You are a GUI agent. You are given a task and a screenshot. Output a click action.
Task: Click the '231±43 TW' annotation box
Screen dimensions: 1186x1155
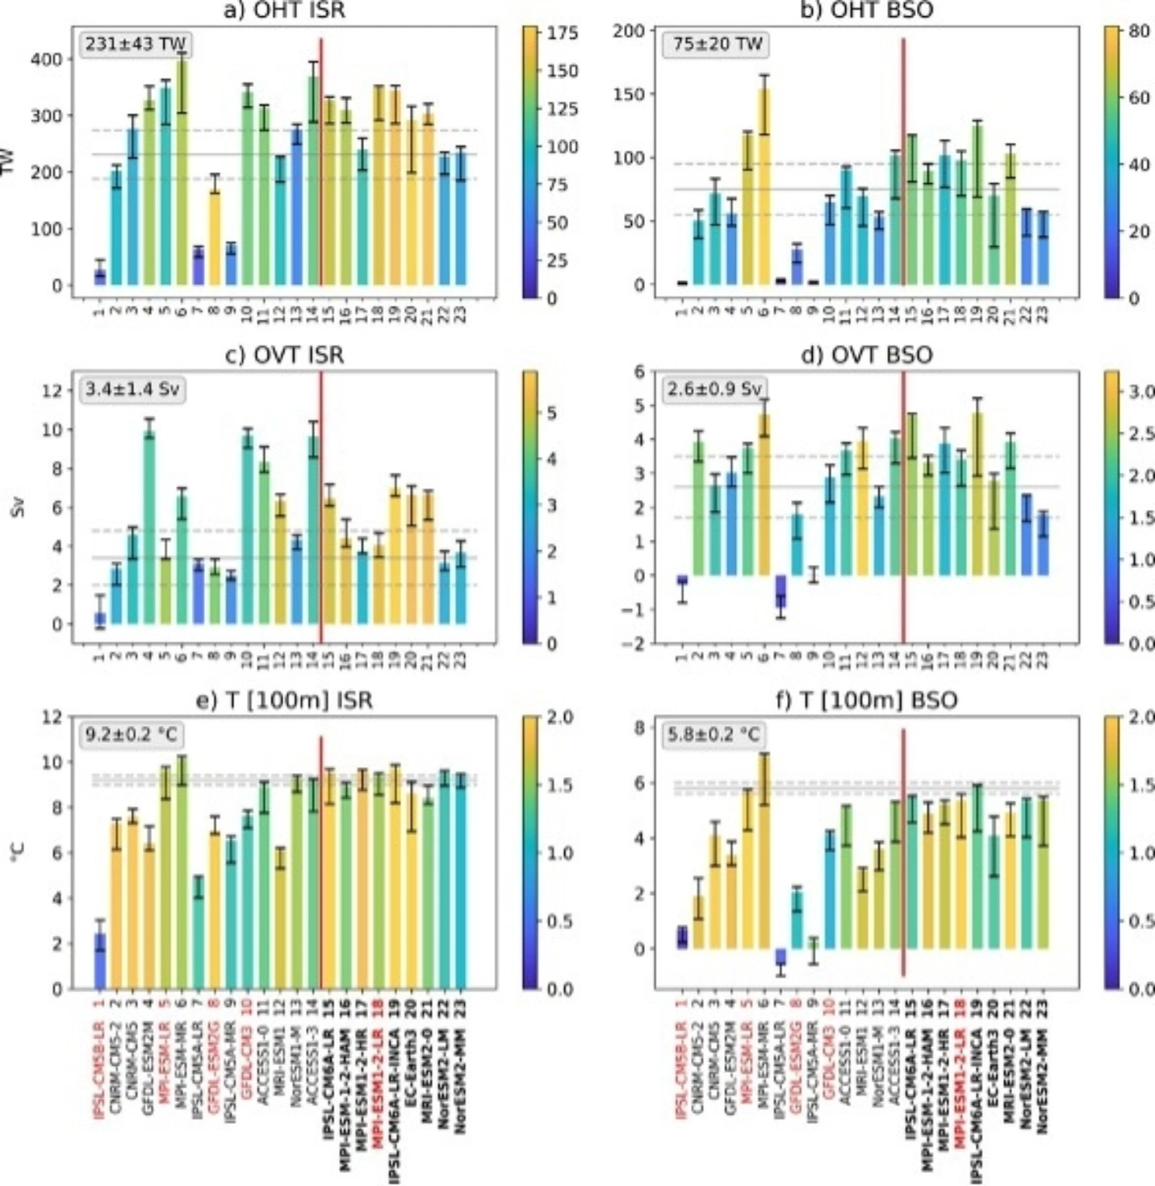pyautogui.click(x=135, y=44)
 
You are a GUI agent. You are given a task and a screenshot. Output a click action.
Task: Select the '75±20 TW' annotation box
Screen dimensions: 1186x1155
pyautogui.click(x=718, y=44)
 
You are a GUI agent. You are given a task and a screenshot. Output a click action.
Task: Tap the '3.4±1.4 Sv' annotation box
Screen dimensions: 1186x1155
pyautogui.click(x=132, y=389)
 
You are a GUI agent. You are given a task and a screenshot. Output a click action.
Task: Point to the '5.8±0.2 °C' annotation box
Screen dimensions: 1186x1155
pyautogui.click(x=713, y=733)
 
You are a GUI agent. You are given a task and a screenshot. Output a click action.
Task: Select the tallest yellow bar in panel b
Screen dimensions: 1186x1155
pyautogui.click(x=764, y=186)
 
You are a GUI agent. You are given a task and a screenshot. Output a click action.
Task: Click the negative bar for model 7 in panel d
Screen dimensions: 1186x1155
pyautogui.click(x=781, y=591)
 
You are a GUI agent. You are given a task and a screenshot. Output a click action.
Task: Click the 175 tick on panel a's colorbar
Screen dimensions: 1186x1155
pyautogui.click(x=564, y=33)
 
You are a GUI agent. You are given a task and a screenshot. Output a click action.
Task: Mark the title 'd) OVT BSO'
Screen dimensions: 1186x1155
pyautogui.click(x=866, y=355)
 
